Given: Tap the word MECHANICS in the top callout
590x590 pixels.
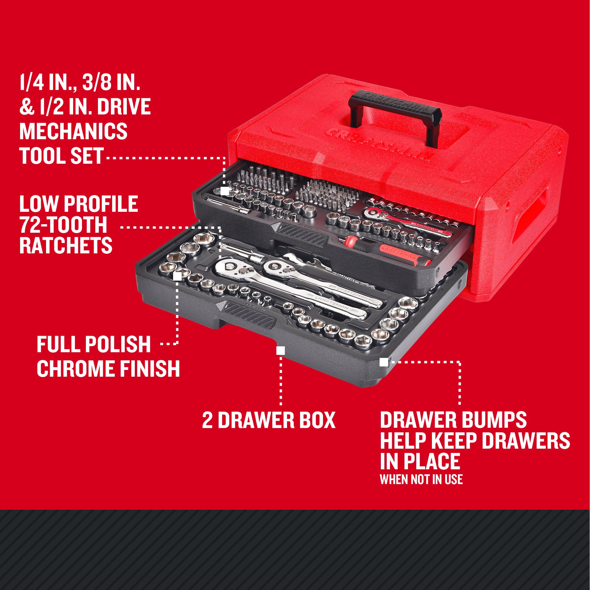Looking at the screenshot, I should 73,131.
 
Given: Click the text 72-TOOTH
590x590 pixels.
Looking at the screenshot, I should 63,225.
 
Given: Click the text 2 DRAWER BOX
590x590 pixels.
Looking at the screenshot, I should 268,420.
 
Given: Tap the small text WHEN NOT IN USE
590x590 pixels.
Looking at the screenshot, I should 421,479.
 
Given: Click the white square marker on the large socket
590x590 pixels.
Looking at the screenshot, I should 177,276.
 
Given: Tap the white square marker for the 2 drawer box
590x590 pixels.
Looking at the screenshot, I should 280,350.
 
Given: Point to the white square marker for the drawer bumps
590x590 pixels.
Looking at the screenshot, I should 384,362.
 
